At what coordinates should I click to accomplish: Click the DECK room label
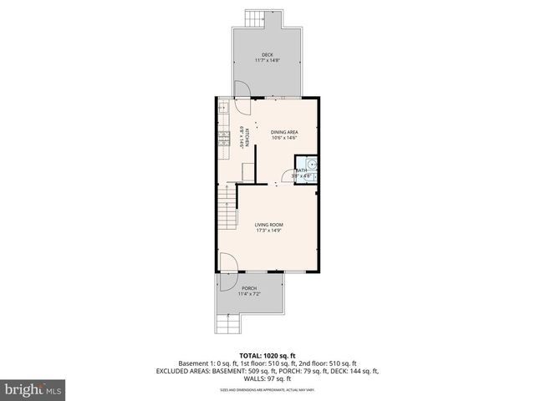click(267, 55)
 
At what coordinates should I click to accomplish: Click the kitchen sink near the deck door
click(224, 109)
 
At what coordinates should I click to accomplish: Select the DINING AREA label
click(284, 132)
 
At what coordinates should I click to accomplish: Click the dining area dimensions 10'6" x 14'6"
click(284, 138)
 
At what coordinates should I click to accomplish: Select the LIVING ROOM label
click(268, 225)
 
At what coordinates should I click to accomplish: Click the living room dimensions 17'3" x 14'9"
click(268, 231)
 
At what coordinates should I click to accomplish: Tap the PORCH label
click(249, 288)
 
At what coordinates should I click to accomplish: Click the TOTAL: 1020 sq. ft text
click(267, 354)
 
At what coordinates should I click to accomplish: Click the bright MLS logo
click(32, 390)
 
